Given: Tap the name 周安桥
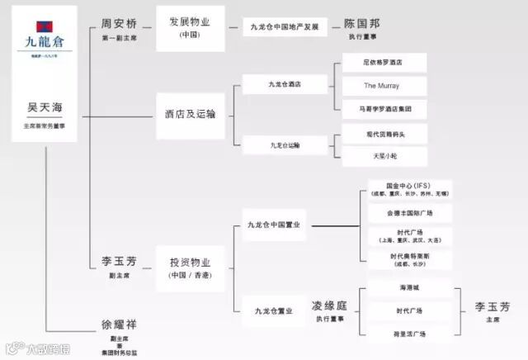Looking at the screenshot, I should [118, 25].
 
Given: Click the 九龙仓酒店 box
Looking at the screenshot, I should [285, 84].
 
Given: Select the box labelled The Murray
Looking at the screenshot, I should [384, 85].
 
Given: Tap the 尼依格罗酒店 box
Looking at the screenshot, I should [384, 63].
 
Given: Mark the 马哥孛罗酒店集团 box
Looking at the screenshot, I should [384, 107].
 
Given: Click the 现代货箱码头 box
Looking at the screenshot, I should [384, 133].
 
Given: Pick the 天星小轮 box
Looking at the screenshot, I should [384, 155].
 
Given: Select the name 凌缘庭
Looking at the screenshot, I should [329, 306].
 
